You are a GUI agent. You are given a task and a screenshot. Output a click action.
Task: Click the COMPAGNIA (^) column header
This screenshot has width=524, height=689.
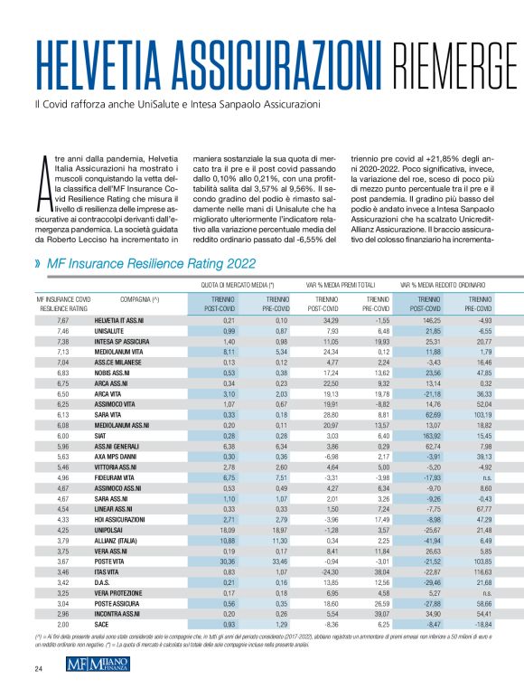tap(140, 297)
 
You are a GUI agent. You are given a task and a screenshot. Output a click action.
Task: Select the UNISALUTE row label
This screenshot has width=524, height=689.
tap(113, 333)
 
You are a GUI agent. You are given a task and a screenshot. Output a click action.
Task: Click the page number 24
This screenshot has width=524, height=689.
tap(38, 669)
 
